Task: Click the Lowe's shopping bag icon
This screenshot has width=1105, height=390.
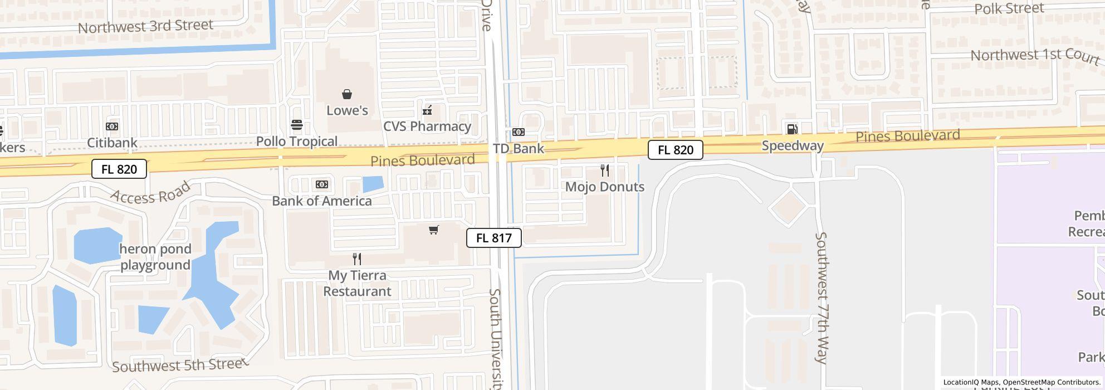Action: click(347, 94)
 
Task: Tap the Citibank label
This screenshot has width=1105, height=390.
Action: click(112, 143)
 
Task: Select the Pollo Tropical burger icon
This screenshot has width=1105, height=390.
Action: click(297, 125)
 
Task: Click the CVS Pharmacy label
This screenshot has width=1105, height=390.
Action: click(427, 126)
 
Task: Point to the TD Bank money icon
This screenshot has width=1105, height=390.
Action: click(518, 132)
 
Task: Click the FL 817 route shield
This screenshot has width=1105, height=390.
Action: click(494, 238)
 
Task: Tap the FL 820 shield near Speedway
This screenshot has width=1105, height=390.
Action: click(675, 150)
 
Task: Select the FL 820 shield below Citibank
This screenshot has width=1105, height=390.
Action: click(119, 169)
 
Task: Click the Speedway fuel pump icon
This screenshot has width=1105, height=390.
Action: click(792, 129)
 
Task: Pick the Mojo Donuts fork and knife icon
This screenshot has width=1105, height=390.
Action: click(605, 170)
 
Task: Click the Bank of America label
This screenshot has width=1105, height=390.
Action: click(322, 201)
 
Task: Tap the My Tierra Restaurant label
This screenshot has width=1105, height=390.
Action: click(357, 283)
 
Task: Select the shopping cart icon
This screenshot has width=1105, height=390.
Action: click(434, 230)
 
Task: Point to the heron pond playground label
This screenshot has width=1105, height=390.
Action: click(155, 257)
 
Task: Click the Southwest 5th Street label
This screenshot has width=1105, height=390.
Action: click(180, 365)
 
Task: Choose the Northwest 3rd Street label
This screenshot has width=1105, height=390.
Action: click(145, 26)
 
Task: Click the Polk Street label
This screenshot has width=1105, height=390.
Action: click(1009, 9)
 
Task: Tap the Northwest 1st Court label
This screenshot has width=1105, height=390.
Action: click(1035, 56)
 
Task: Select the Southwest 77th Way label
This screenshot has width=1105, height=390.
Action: click(821, 298)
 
